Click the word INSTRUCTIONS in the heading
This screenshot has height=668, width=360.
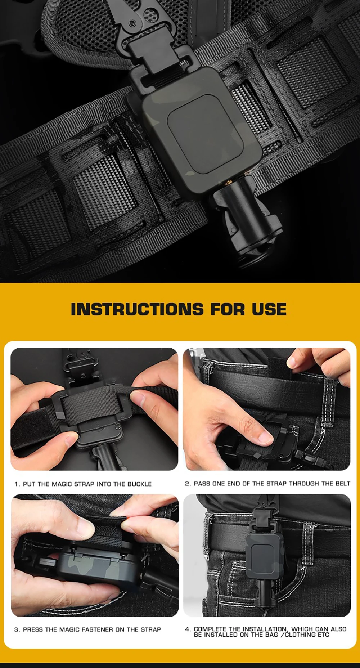[137, 309]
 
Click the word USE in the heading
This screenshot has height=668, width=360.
[269, 309]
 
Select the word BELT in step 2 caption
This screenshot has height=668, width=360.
[343, 484]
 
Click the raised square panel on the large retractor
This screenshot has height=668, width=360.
[206, 134]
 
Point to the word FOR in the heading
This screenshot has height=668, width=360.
[228, 309]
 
